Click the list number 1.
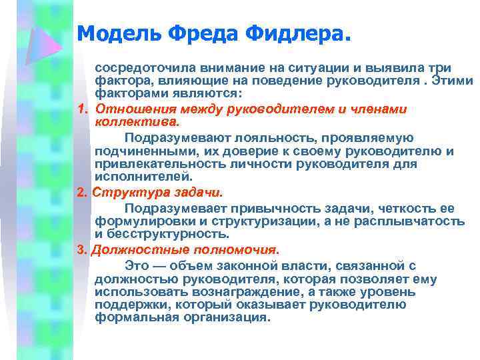(82, 110)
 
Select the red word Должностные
(133, 251)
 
